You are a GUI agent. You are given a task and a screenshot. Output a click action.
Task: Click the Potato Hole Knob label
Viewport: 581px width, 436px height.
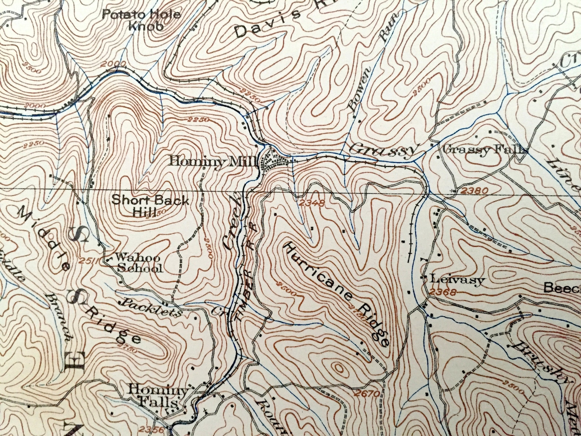tap(141, 21)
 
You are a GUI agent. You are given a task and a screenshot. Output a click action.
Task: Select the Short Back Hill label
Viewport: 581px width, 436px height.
tap(150, 206)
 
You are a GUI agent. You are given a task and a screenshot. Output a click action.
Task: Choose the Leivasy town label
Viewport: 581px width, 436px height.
tap(457, 280)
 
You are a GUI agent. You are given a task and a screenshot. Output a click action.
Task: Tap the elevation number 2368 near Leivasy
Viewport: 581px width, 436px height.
tap(443, 292)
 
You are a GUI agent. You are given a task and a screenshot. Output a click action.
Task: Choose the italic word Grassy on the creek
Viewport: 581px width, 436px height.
tap(383, 150)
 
